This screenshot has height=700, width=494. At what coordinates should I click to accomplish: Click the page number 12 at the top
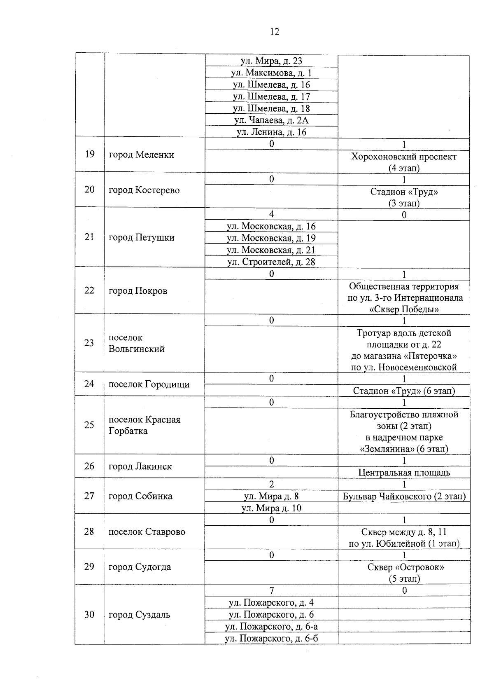[x=275, y=32]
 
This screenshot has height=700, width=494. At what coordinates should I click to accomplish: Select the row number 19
[x=89, y=155]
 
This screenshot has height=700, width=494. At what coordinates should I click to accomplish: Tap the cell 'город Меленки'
[x=141, y=155]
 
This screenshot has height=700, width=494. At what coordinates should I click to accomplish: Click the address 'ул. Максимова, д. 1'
[x=271, y=73]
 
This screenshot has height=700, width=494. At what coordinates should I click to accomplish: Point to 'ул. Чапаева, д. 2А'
[x=271, y=120]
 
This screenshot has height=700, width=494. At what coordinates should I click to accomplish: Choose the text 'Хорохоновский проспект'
[x=403, y=157]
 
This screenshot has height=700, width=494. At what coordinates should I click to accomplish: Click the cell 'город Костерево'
[x=144, y=190]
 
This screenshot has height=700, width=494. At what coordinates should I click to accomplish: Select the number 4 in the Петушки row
[x=271, y=214]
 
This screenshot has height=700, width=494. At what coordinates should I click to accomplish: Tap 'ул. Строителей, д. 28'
[x=271, y=262]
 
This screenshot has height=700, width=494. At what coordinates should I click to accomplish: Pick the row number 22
[x=89, y=290]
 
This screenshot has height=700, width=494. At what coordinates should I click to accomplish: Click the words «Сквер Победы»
[x=403, y=309]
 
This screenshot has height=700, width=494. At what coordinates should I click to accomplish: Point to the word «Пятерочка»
[x=431, y=356]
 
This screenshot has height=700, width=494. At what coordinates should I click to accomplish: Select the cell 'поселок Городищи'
[x=149, y=384]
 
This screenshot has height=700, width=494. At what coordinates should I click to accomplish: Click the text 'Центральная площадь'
[x=404, y=473]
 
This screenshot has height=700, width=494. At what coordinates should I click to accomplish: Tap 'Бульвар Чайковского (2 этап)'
[x=404, y=496]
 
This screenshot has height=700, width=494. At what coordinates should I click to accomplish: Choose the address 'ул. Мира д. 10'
[x=271, y=508]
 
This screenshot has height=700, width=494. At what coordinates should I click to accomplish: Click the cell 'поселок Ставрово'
[x=147, y=532]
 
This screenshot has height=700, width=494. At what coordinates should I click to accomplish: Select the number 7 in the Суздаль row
[x=271, y=590]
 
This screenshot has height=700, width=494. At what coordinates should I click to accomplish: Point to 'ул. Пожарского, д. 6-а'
[x=271, y=627]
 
